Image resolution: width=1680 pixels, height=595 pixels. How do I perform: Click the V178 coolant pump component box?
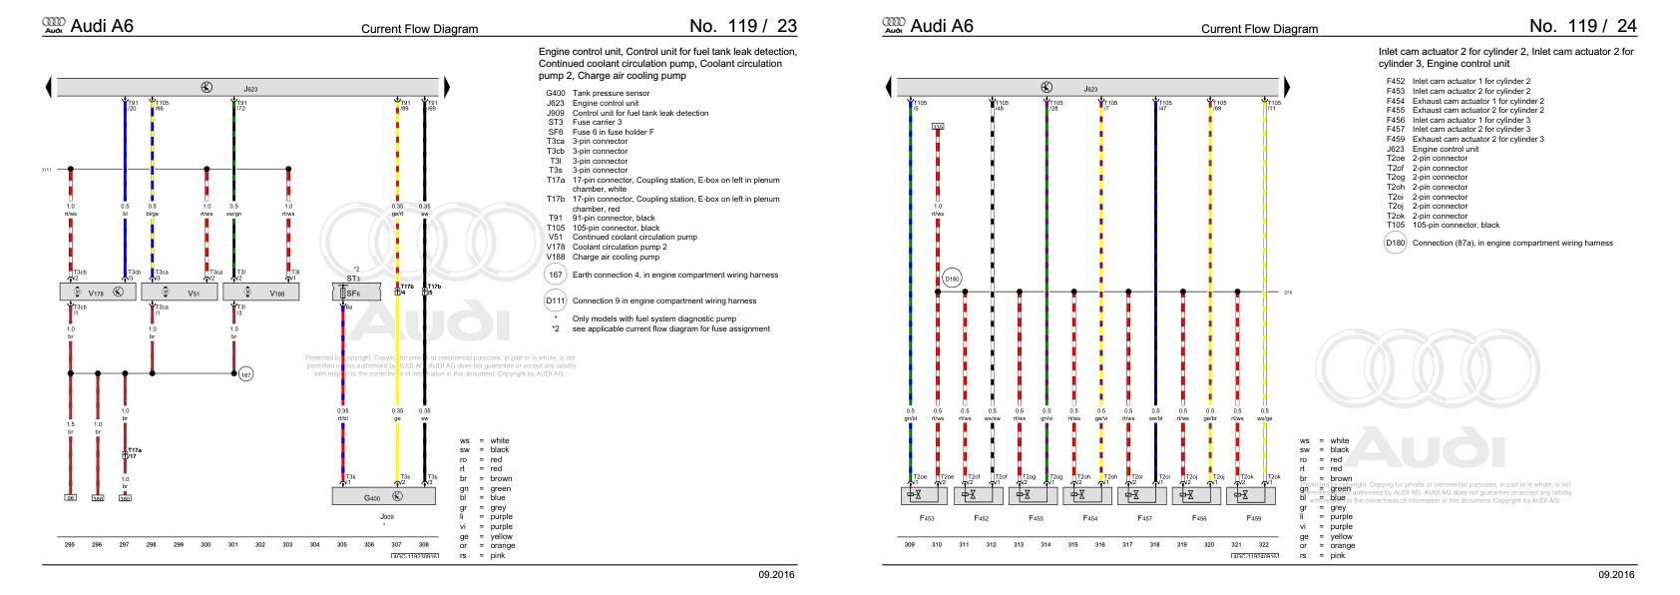click(x=98, y=293)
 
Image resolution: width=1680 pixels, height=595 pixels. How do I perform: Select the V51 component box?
click(x=180, y=293)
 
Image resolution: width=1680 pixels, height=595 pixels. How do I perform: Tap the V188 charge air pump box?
click(x=261, y=293)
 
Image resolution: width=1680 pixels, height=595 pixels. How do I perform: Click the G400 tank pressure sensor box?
click(x=383, y=496)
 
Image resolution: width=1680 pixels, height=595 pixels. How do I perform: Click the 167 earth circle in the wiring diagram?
click(x=245, y=374)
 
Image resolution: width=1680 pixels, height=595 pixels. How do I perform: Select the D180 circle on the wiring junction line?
click(x=952, y=280)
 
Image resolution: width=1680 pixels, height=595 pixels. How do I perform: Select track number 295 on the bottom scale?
click(x=70, y=545)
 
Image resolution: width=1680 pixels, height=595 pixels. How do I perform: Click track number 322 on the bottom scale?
click(x=1264, y=545)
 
